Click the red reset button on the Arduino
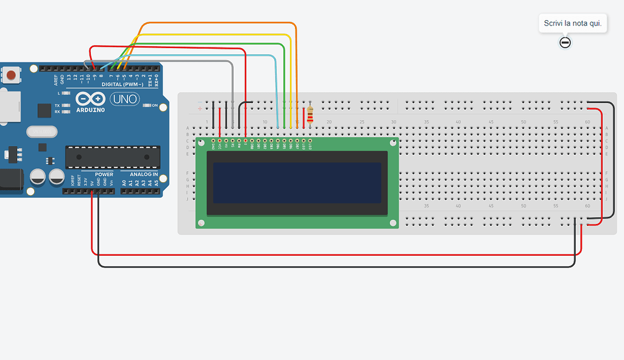click(10, 76)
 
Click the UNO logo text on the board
click(125, 99)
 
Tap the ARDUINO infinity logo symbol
click(90, 98)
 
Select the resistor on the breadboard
click(311, 115)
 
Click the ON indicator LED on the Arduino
click(146, 105)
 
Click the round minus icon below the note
click(565, 42)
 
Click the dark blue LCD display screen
click(297, 182)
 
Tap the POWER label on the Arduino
click(104, 175)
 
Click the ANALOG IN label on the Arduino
click(143, 175)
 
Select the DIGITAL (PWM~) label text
click(122, 84)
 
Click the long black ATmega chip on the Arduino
click(113, 157)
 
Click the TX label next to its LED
click(57, 105)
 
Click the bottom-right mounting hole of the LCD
click(392, 222)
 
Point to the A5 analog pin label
click(157, 182)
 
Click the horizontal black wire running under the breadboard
click(335, 266)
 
